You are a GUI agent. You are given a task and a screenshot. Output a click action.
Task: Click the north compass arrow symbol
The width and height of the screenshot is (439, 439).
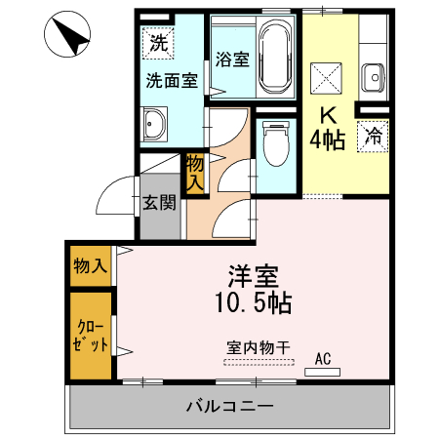click(x=71, y=35)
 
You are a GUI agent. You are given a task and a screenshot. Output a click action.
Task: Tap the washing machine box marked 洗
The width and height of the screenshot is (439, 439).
click(x=158, y=43)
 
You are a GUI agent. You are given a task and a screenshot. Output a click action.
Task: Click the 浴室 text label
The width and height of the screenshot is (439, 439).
click(x=231, y=59)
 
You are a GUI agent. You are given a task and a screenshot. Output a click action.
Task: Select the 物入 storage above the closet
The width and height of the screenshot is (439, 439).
click(x=90, y=264)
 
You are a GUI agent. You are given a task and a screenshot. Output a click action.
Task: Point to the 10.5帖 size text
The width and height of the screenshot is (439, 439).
click(x=248, y=301)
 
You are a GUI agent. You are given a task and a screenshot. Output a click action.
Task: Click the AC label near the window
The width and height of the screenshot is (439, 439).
click(x=322, y=360)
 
